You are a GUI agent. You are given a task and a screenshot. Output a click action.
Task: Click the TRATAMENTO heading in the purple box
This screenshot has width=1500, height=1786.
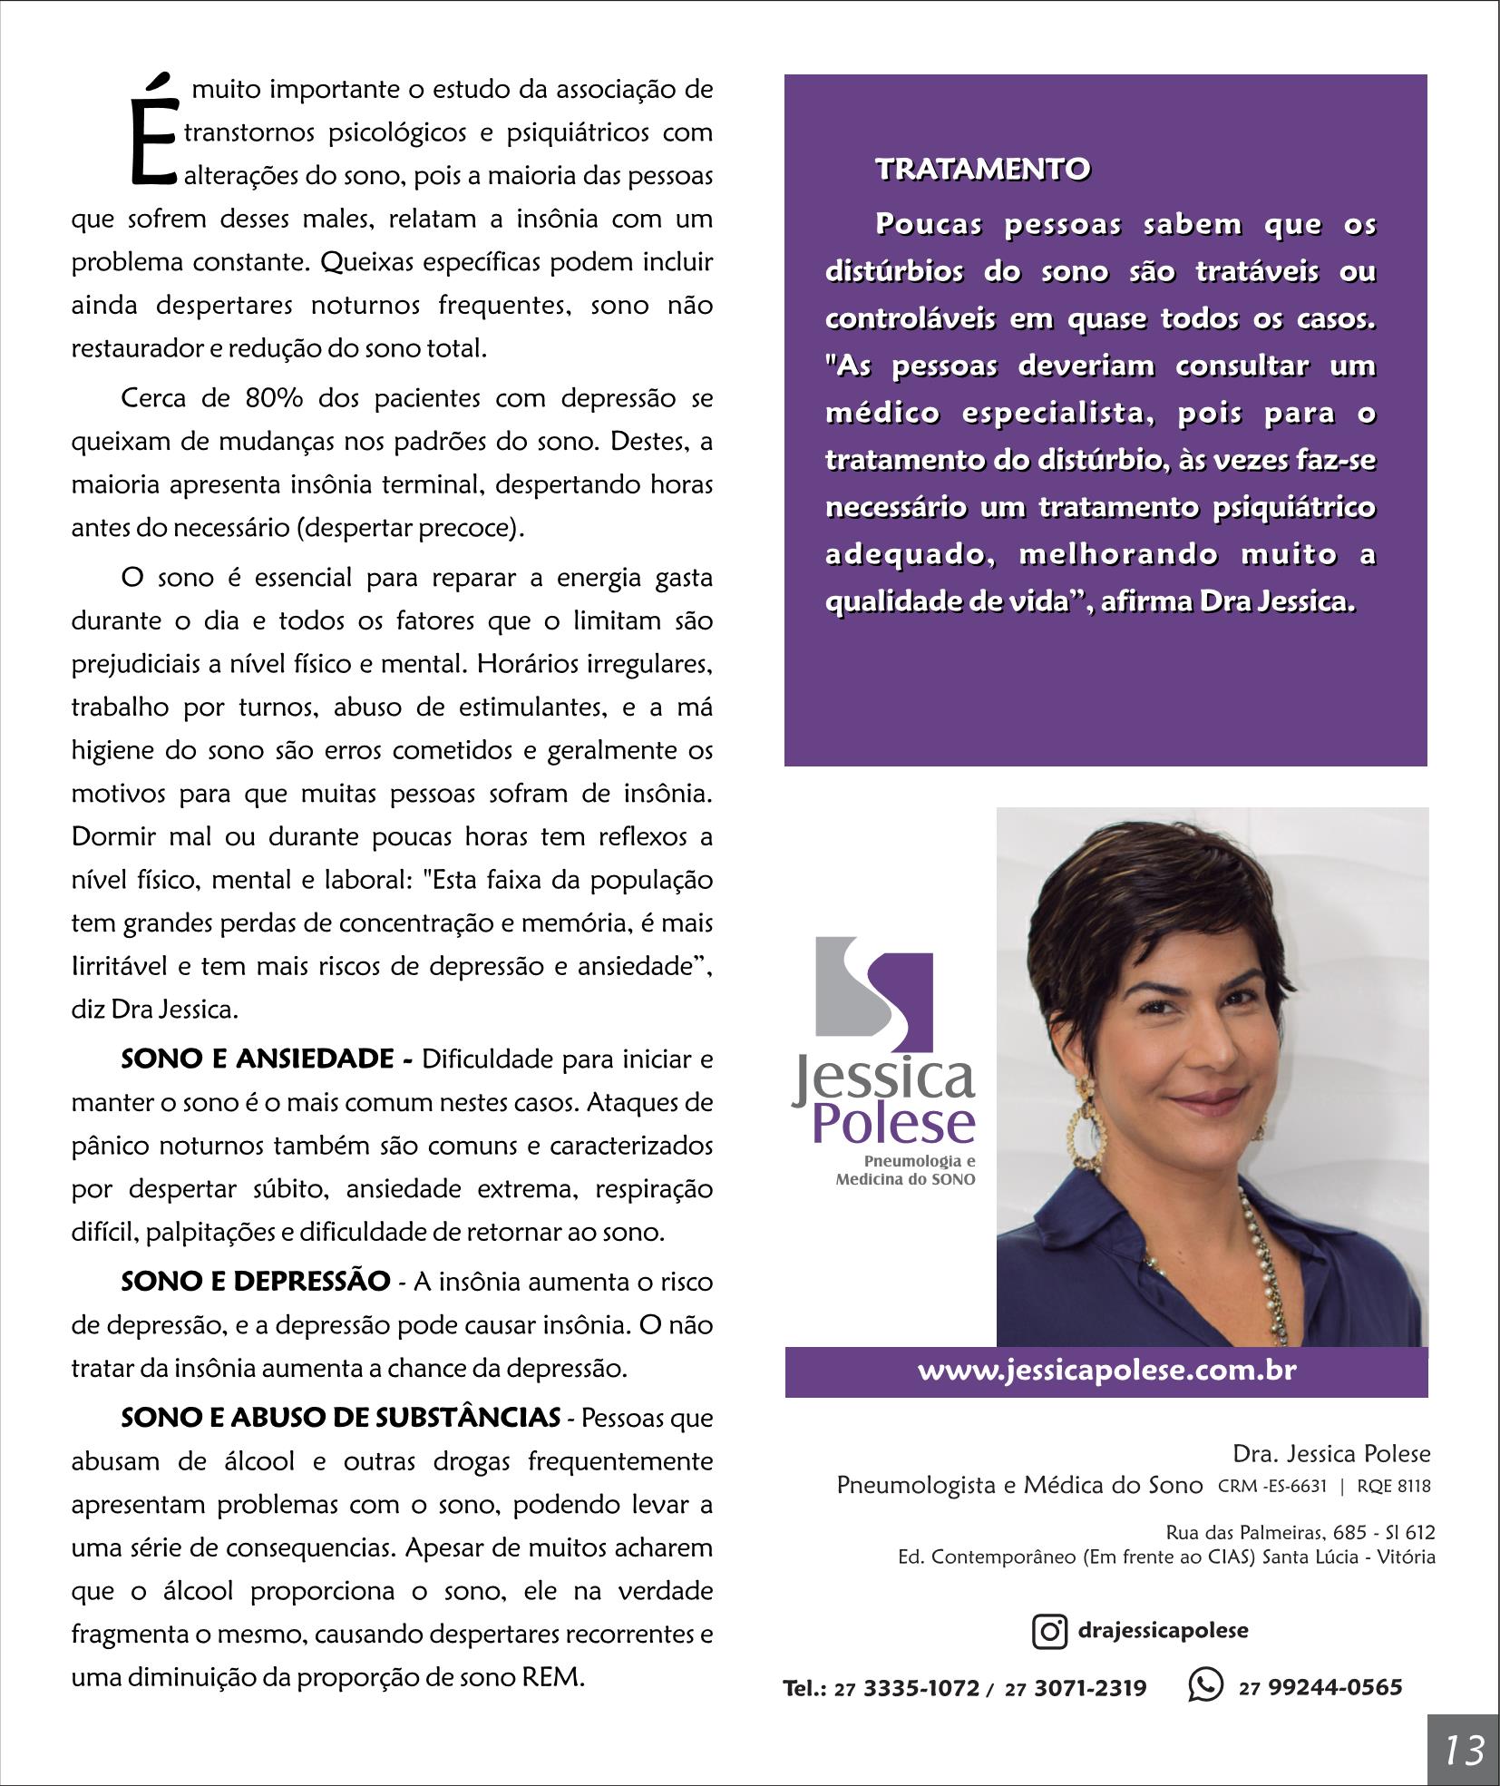pos(982,170)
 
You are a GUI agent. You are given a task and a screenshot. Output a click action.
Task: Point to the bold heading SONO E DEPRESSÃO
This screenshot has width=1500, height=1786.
pos(256,1282)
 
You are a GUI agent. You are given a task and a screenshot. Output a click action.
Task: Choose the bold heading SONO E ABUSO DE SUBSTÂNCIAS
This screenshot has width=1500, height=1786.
pos(341,1418)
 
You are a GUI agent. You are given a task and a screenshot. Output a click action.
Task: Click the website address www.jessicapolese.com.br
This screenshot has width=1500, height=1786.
pos(1106,1370)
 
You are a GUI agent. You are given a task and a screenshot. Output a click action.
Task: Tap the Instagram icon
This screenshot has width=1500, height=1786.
pos(1049,1632)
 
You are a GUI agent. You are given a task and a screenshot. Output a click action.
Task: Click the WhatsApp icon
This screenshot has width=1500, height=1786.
pos(1205,1686)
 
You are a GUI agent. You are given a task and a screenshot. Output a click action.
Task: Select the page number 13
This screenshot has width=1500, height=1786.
pos(1464,1749)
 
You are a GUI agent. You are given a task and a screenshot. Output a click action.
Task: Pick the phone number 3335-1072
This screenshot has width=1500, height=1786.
pos(920,1688)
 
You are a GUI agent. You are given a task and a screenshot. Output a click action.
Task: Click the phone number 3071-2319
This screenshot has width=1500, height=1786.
pos(1090,1688)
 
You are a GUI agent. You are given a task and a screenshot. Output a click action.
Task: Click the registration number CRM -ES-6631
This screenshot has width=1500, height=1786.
pos(1272,1487)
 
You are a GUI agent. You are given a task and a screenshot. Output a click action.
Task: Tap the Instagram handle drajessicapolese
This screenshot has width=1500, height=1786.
pos(1163,1631)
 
